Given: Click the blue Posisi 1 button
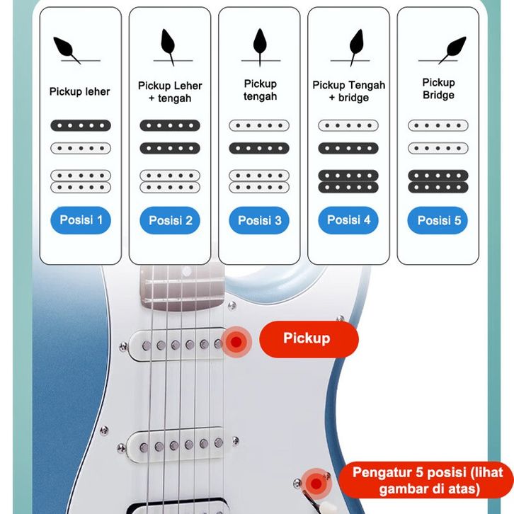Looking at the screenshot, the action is coord(81,220).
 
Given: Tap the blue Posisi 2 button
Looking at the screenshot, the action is coord(170,221).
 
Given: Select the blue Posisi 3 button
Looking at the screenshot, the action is coord(259,221).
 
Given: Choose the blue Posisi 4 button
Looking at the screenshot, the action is coord(348,220).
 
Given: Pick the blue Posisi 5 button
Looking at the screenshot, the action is coord(438,221).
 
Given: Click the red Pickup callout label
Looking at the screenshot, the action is coord(307,339).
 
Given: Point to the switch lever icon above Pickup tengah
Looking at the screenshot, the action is coord(259,44).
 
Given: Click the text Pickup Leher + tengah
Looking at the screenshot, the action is coord(170,92).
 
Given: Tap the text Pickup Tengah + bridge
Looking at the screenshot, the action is coord(348,91).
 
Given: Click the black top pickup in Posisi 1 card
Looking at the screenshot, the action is coord(81,125).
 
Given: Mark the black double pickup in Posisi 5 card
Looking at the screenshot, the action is coord(438,181).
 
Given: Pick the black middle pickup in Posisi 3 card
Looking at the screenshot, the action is coord(259,149).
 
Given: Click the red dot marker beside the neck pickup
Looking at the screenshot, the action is coord(236,342).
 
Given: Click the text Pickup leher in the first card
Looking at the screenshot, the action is coord(79,91).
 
